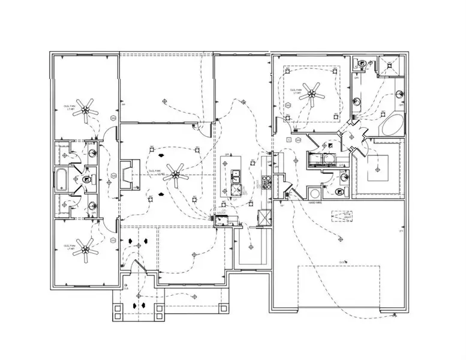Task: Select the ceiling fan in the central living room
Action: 175,175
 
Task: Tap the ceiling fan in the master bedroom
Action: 312,92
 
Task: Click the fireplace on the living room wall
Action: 128,175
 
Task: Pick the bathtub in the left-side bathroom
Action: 62,178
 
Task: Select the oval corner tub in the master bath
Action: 393,125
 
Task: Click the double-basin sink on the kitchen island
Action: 234,178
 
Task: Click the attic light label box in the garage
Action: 342,215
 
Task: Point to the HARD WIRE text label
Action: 316,203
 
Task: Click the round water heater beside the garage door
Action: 314,193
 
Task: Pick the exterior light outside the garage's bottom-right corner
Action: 393,314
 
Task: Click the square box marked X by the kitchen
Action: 262,217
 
